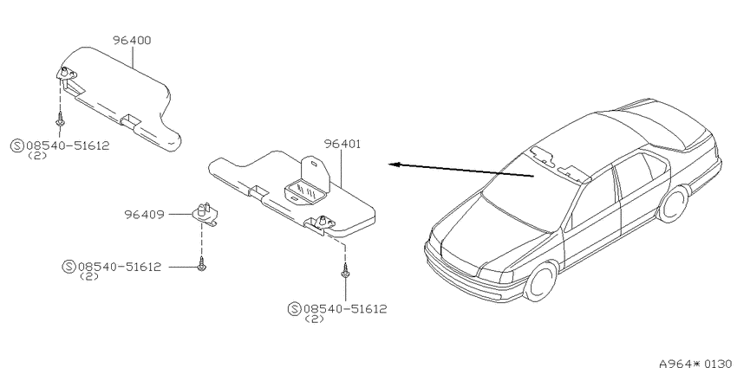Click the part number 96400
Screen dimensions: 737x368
pos(132,41)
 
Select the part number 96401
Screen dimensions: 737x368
pos(342,144)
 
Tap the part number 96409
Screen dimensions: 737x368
pos(144,215)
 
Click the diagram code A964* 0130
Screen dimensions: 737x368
pos(697,364)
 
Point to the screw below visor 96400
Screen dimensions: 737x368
pos(60,119)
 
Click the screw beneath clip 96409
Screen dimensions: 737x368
pos(202,265)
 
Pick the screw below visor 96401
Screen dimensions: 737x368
pos(345,271)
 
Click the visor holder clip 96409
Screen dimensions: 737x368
pos(205,213)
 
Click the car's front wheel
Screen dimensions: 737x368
pos(541,281)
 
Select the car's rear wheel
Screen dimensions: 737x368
pos(673,204)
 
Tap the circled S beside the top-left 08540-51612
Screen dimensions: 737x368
pos(16,145)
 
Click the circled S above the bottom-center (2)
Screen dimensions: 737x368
pos(294,309)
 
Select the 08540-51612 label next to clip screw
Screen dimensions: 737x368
pos(120,267)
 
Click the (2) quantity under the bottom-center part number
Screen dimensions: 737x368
pos(315,320)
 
